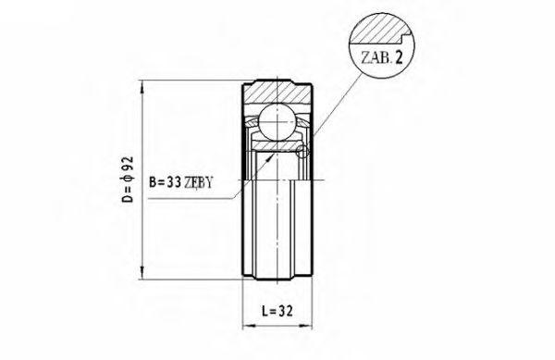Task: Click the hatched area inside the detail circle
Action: (x=375, y=30)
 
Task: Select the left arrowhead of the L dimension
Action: (x=247, y=327)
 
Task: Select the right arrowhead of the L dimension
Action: (x=307, y=327)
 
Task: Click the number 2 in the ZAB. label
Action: (x=401, y=58)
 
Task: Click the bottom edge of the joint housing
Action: (x=277, y=277)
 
